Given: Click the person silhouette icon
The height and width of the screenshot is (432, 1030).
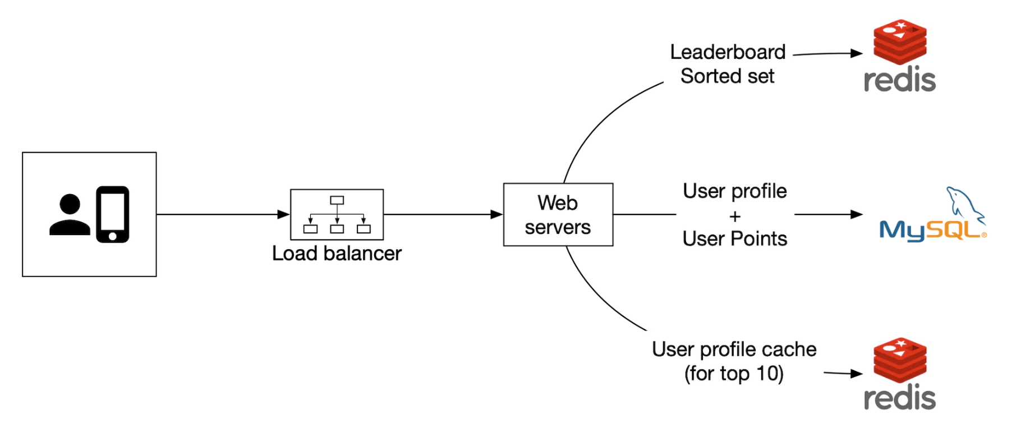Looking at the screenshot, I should pyautogui.click(x=70, y=215).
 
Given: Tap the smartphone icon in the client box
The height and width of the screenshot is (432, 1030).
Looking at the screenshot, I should pyautogui.click(x=113, y=214).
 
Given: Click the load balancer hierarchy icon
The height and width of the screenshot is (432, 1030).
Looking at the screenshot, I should pyautogui.click(x=337, y=214).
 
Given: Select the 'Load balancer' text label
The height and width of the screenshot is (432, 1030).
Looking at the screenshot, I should pyautogui.click(x=337, y=254).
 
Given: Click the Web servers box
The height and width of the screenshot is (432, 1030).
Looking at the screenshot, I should pyautogui.click(x=558, y=215).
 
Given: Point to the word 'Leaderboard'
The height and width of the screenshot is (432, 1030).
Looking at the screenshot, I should pyautogui.click(x=728, y=52).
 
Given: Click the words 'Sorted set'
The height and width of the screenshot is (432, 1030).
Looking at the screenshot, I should pyautogui.click(x=727, y=76).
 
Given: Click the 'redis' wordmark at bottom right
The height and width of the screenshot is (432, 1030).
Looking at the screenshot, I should pyautogui.click(x=900, y=398).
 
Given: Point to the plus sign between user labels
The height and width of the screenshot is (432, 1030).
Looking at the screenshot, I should pyautogui.click(x=735, y=216).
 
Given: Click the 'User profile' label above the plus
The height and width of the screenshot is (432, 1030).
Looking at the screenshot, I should pyautogui.click(x=735, y=191).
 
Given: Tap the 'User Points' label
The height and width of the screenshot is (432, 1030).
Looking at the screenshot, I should pyautogui.click(x=735, y=239).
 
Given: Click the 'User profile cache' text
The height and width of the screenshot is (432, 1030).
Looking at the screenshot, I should pyautogui.click(x=734, y=350).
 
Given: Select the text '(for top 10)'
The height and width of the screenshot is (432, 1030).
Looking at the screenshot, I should pyautogui.click(x=734, y=374).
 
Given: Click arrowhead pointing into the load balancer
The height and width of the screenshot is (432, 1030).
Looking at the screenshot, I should pyautogui.click(x=284, y=214).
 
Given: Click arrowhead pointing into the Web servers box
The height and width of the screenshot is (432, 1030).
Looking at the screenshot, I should pyautogui.click(x=496, y=214).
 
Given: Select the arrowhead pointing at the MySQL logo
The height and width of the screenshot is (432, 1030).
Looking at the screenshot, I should pyautogui.click(x=857, y=214).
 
